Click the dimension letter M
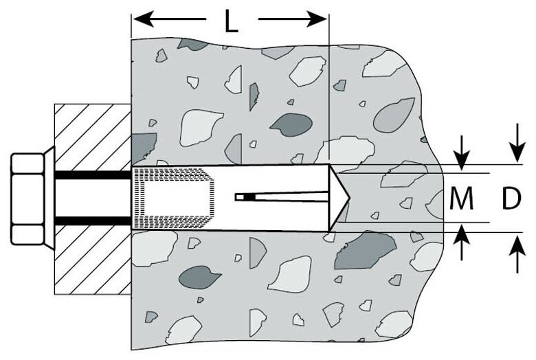pyautogui.click(x=461, y=199)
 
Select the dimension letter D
pyautogui.click(x=511, y=199)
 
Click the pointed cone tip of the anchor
pyautogui.click(x=342, y=199)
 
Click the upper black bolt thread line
pyautogui.click(x=89, y=176)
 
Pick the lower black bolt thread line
pyautogui.click(x=89, y=221)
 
